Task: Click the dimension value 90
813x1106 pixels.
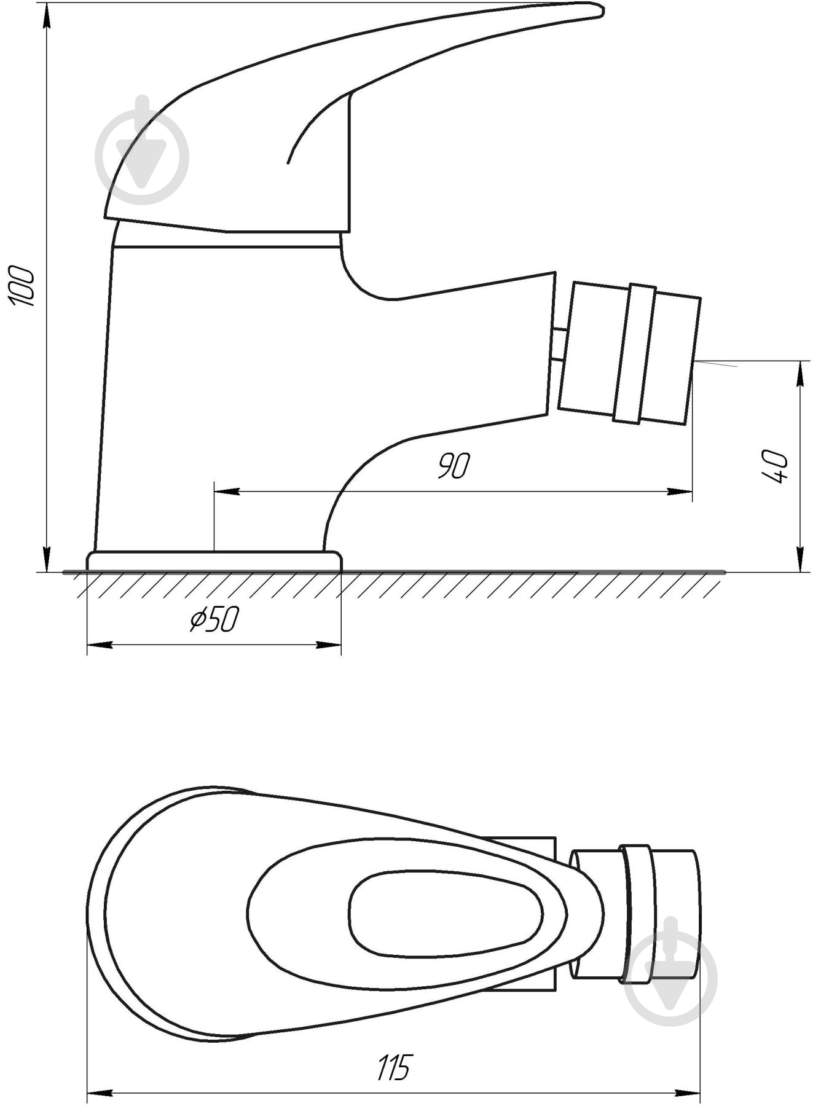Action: [x=453, y=466]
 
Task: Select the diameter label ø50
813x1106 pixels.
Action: [x=214, y=620]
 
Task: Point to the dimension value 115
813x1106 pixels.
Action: [x=393, y=1067]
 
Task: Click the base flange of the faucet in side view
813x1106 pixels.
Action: [x=214, y=561]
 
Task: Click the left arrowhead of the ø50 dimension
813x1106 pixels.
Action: [x=100, y=645]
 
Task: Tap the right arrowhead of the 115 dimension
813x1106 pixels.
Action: [x=688, y=1093]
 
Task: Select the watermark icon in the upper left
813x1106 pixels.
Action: [x=142, y=151]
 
